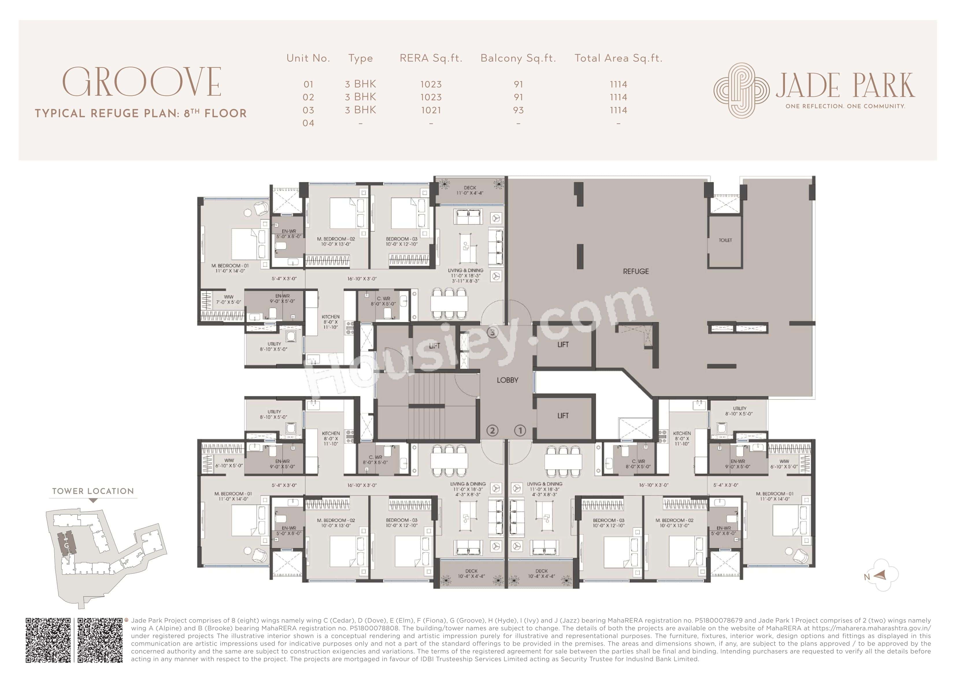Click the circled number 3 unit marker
[x=492, y=332]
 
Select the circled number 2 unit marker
[x=492, y=430]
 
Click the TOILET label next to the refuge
[x=725, y=240]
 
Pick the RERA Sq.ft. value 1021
[x=431, y=110]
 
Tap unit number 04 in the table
[x=308, y=123]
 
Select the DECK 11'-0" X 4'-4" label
[x=470, y=190]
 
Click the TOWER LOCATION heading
[x=93, y=491]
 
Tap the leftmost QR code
[x=48, y=640]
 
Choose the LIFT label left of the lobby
[x=434, y=346]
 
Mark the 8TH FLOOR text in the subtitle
[x=215, y=113]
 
